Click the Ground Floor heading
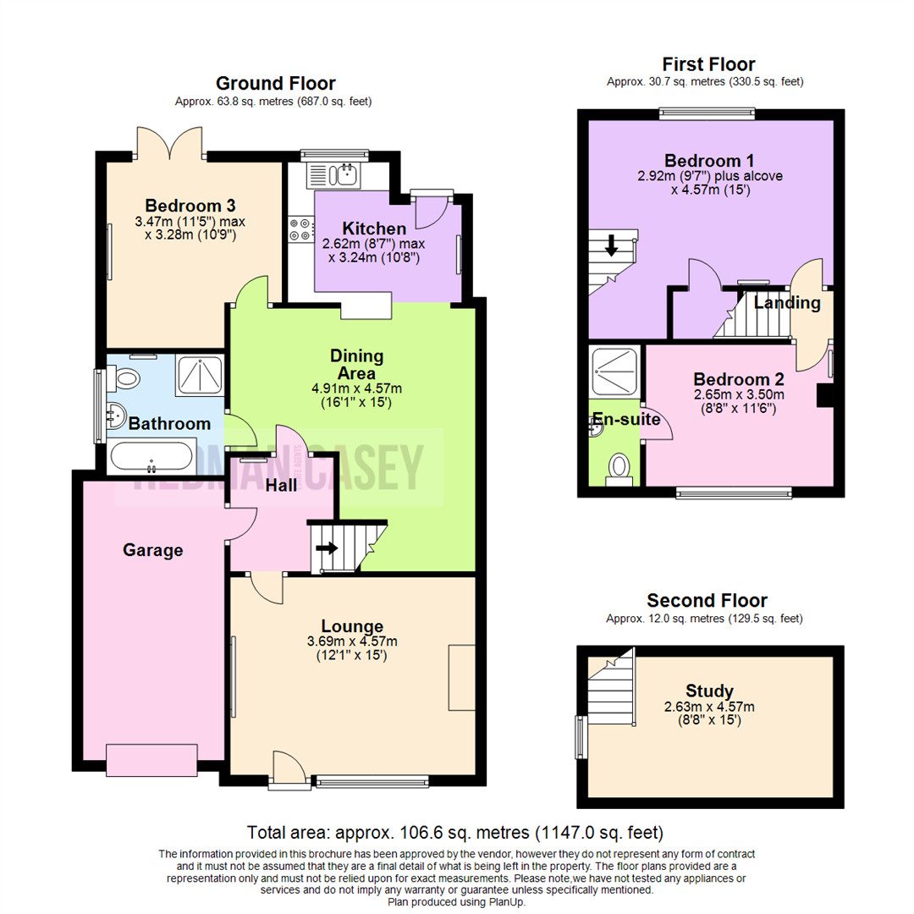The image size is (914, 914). (x=275, y=83)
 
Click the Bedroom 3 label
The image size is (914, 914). (x=190, y=206)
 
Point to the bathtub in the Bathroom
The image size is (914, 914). (x=152, y=458)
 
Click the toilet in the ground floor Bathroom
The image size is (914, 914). (x=124, y=378)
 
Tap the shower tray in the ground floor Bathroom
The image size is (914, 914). (x=199, y=376)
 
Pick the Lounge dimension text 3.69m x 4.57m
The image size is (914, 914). (x=352, y=641)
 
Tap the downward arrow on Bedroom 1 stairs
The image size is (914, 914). (x=610, y=247)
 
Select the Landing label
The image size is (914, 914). (x=787, y=303)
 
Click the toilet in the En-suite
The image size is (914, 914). (x=619, y=467)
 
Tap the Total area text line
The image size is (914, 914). (x=454, y=831)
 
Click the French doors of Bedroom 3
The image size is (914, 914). (x=168, y=144)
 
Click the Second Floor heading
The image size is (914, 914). (x=707, y=600)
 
